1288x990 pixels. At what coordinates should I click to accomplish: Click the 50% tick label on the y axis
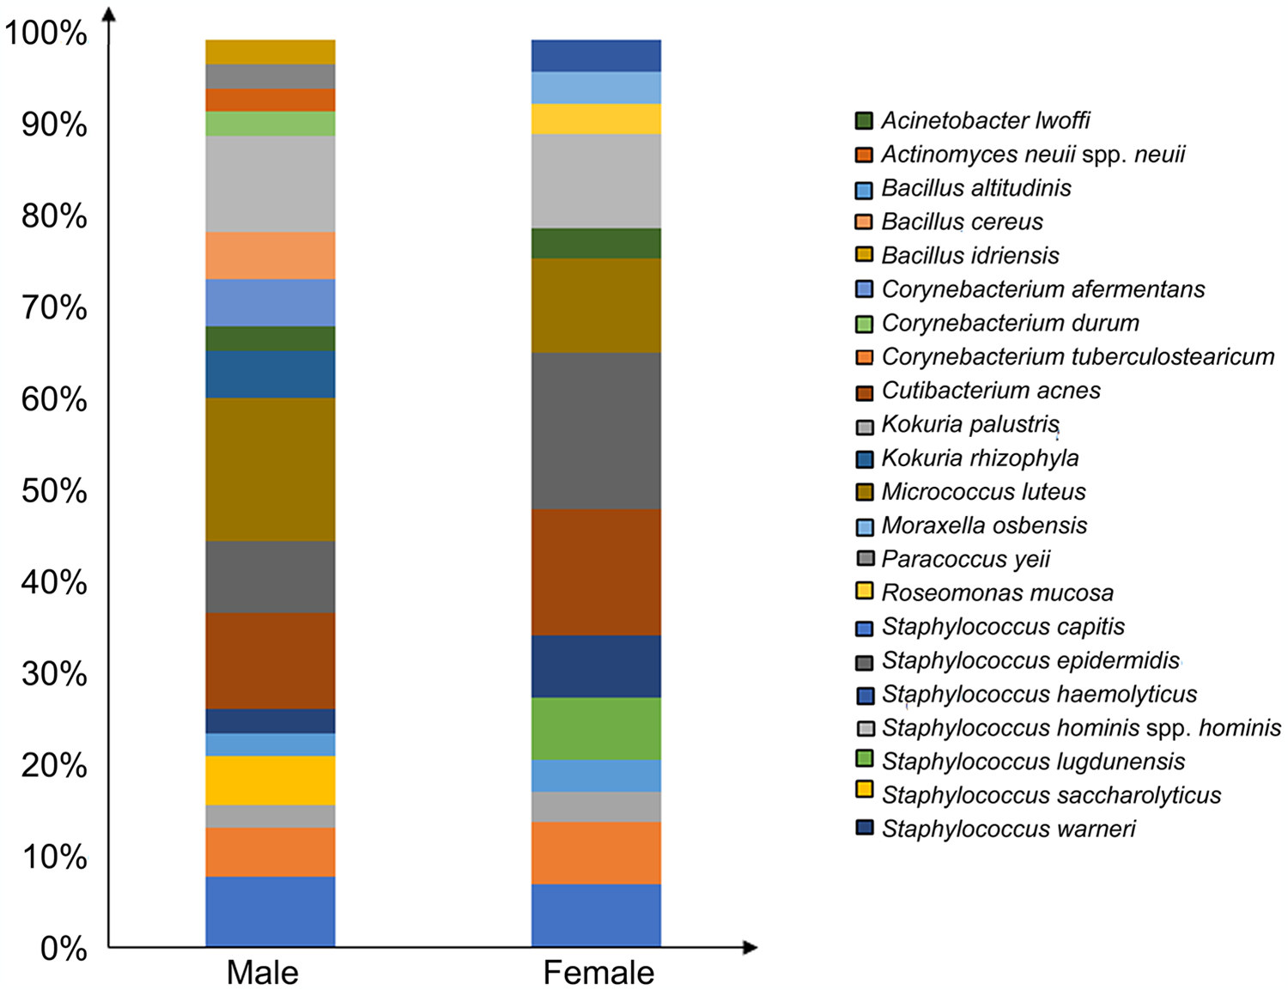tap(54, 491)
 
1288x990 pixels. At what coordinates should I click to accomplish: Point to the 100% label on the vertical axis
tap(46, 33)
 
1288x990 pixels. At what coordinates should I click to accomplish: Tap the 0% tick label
tap(63, 949)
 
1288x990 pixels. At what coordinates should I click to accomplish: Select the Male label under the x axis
tap(263, 973)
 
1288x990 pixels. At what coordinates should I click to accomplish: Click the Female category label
tap(598, 973)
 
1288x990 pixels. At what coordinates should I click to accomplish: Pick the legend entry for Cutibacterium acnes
tap(990, 391)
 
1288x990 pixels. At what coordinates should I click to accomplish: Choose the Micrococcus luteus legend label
tap(983, 492)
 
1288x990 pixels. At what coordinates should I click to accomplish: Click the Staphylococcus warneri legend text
tap(1008, 829)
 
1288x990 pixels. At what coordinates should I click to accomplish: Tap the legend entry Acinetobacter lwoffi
tap(986, 121)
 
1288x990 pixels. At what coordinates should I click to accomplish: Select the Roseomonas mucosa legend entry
tap(997, 593)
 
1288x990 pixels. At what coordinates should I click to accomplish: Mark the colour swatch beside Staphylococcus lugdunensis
tap(865, 759)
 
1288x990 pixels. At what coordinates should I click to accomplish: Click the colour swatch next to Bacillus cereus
tap(865, 221)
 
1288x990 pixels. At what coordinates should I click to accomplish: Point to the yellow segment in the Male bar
tap(270, 780)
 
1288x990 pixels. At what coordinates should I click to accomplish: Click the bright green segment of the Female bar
tap(596, 729)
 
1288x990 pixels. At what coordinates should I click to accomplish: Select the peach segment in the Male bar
tap(270, 256)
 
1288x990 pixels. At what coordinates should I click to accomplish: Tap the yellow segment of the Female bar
tap(596, 119)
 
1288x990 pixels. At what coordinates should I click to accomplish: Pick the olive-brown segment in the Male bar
tap(270, 470)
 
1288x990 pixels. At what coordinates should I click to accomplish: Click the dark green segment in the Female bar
tap(596, 244)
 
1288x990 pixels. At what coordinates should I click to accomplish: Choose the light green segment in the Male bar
tap(270, 124)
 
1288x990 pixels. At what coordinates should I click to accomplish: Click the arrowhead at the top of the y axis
tap(109, 15)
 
